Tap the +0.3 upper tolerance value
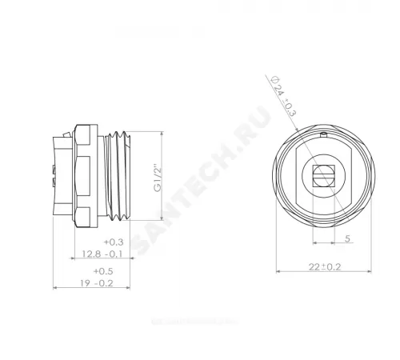click(113, 242)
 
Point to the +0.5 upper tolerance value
click(113, 271)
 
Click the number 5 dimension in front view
click(346, 238)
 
